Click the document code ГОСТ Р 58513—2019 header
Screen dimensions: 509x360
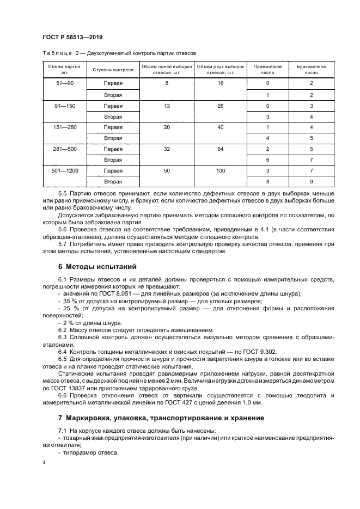coord(72,37)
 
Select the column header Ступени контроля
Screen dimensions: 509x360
coord(113,71)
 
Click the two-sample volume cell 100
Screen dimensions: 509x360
coord(221,170)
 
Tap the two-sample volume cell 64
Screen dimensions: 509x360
coord(221,148)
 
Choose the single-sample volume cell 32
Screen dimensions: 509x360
coord(167,148)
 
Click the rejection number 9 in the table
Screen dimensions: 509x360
coord(311,181)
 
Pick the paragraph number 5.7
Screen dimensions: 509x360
coord(62,244)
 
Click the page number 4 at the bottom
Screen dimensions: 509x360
coord(44,463)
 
